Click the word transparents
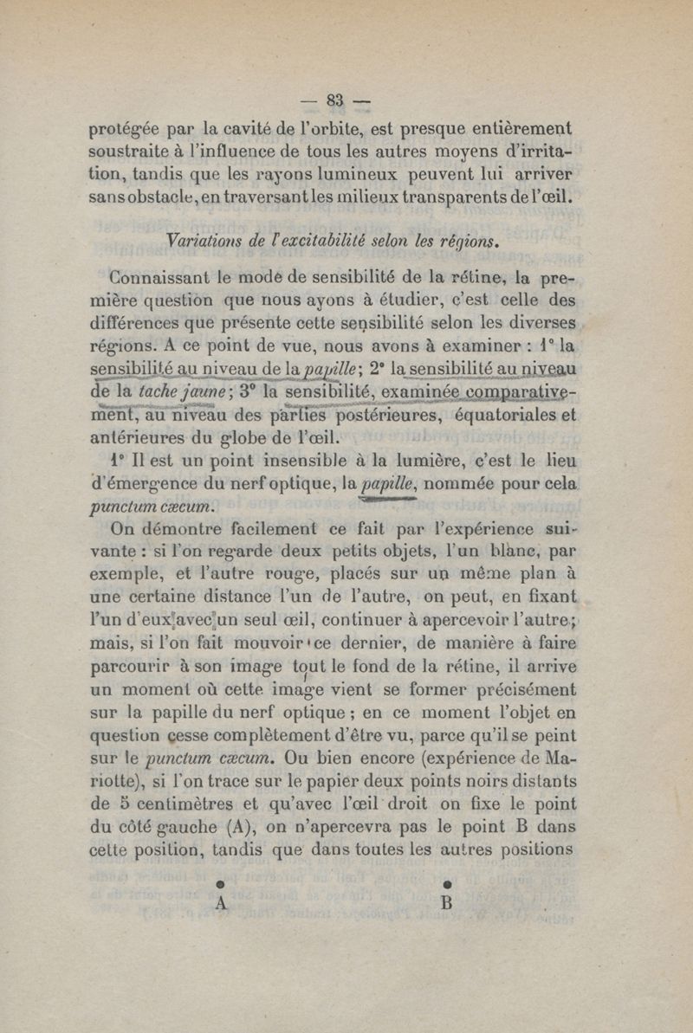point(442,197)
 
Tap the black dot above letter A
point(220,884)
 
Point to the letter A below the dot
point(220,902)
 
